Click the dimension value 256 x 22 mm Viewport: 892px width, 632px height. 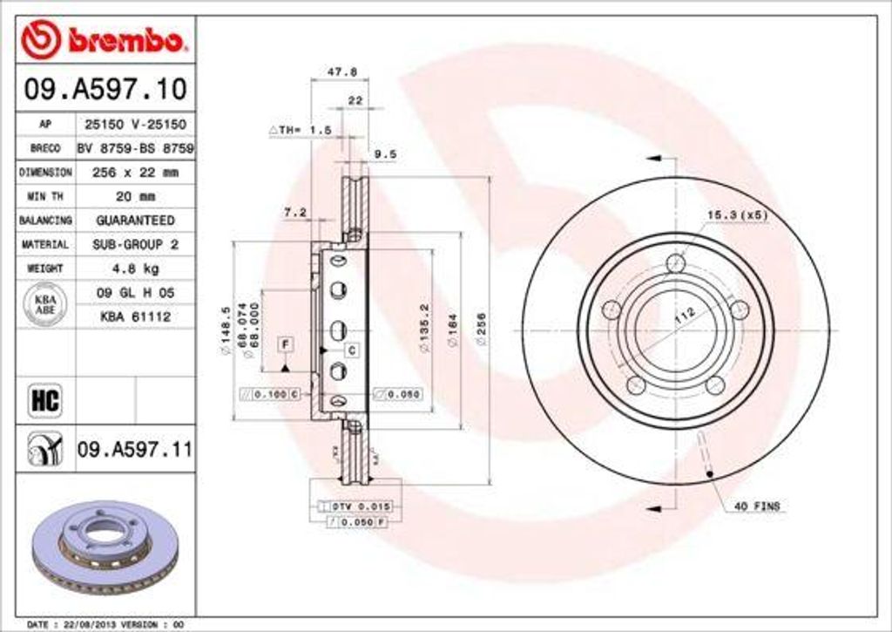[135, 173]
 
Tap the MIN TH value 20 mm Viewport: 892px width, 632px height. [135, 196]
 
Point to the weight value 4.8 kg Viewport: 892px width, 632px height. [135, 268]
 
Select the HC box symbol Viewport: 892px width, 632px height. [44, 401]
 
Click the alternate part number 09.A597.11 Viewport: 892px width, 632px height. [134, 450]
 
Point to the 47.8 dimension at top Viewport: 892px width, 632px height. [334, 71]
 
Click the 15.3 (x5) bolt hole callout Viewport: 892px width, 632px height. [737, 214]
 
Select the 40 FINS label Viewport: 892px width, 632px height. [758, 506]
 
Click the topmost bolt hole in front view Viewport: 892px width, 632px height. [675, 263]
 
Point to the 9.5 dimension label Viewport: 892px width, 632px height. [385, 154]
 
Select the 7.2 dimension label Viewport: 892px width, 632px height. [295, 212]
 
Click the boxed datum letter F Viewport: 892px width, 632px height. [285, 344]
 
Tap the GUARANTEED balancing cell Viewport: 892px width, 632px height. [135, 221]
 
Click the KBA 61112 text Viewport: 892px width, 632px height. [135, 316]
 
